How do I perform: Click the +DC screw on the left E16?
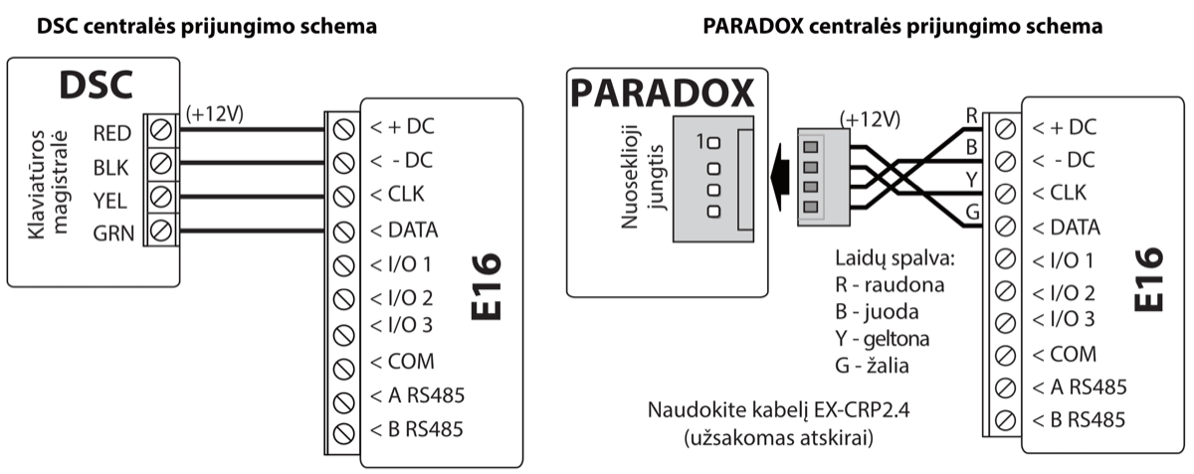(344, 129)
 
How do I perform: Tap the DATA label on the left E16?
(404, 231)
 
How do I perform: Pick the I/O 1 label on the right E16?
(1065, 261)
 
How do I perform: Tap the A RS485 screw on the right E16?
(1005, 388)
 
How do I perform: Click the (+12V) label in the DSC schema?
(216, 113)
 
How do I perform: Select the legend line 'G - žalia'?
(873, 366)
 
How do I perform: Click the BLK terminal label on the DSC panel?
(109, 167)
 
